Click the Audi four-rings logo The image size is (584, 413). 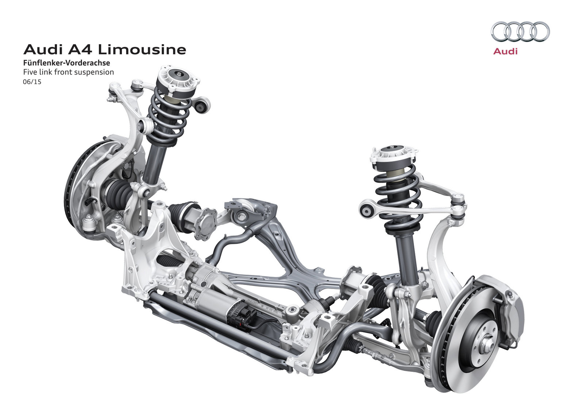[x=520, y=31]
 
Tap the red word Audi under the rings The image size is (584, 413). [x=505, y=51]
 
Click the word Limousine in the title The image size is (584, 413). [x=142, y=50]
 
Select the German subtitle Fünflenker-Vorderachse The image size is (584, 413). [x=66, y=63]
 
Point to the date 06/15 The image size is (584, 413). [x=32, y=82]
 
